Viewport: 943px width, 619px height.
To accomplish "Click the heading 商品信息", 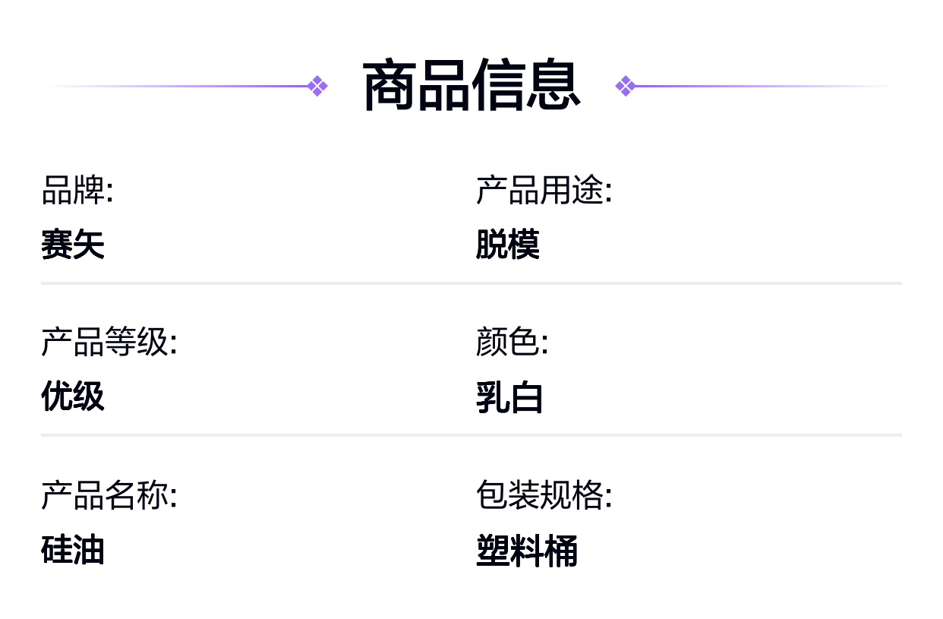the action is pos(471,84).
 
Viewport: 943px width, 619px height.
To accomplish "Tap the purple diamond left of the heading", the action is pos(317,86).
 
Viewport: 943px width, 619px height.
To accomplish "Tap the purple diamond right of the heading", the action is pos(626,86).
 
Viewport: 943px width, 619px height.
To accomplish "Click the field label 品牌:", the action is pos(77,191).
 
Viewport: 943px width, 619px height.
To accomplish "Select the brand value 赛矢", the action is pos(73,244).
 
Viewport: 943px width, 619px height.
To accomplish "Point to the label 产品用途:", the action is pos(544,191).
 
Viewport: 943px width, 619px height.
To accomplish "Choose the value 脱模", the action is pos(508,244).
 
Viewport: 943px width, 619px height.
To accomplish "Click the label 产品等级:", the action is pos(109,342).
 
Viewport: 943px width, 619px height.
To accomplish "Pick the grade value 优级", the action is pos(73,396).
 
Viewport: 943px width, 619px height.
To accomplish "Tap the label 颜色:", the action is pos(512,342).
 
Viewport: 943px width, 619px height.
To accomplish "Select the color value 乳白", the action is pos(509,397).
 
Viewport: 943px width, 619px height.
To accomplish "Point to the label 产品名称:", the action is pos(109,495).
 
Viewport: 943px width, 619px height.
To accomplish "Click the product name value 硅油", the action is pos(73,549).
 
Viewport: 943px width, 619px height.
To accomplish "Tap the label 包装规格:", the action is pos(544,495).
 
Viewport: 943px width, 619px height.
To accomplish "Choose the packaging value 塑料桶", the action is pos(527,551).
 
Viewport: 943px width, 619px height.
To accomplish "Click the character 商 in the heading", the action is pos(389,84).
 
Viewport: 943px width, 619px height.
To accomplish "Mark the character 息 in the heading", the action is pos(553,84).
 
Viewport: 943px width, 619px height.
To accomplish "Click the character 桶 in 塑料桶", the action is pos(561,551).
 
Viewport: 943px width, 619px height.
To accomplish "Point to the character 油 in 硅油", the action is pos(89,549).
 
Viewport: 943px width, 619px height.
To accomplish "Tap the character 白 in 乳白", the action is pos(526,397).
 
